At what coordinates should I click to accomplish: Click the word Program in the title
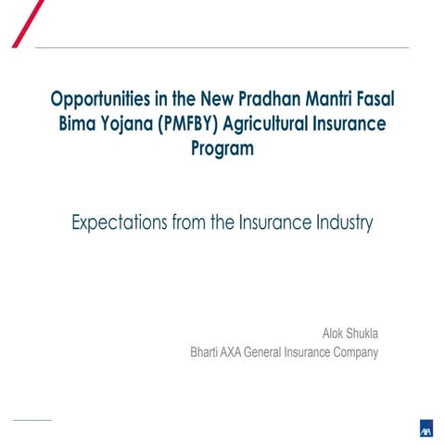point(222,147)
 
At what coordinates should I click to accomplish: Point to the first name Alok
point(333,333)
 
